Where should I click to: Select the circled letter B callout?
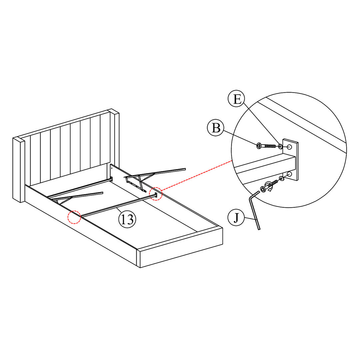[216, 128]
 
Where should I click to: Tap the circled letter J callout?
[236, 217]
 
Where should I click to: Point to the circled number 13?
[127, 219]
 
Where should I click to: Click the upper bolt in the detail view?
[266, 146]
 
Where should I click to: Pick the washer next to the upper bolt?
[280, 146]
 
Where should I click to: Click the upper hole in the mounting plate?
[289, 147]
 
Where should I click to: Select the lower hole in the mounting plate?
[289, 174]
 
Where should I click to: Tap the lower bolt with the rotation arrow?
[269, 186]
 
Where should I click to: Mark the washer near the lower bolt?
[281, 178]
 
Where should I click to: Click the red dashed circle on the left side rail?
[74, 217]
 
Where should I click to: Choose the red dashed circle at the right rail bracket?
[156, 194]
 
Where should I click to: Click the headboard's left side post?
[19, 170]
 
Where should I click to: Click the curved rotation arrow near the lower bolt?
[269, 186]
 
